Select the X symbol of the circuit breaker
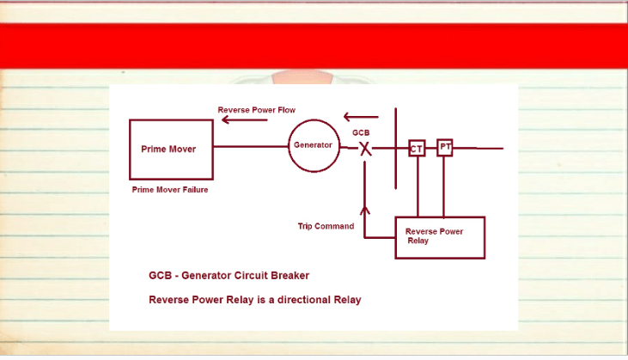pyautogui.click(x=365, y=149)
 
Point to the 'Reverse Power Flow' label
pyautogui.click(x=256, y=110)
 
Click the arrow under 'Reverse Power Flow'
pyautogui.click(x=245, y=119)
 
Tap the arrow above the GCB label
pyautogui.click(x=361, y=117)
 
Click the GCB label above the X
pyautogui.click(x=361, y=132)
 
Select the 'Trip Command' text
pyautogui.click(x=326, y=226)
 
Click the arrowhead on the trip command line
pyautogui.click(x=364, y=211)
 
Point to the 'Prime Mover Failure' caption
pyautogui.click(x=170, y=190)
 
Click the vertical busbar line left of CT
pyautogui.click(x=396, y=148)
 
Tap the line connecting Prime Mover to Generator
pyautogui.click(x=251, y=147)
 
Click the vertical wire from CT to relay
pyautogui.click(x=418, y=186)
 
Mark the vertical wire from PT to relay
pyautogui.click(x=444, y=186)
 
